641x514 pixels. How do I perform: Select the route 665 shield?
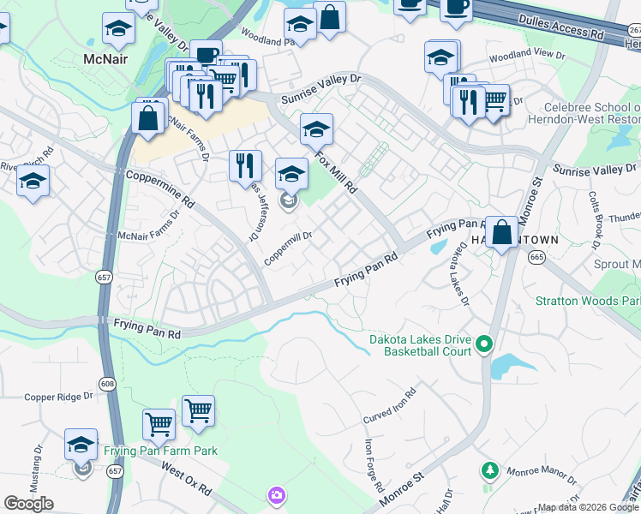click(537, 256)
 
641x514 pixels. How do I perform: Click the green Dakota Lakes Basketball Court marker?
click(484, 345)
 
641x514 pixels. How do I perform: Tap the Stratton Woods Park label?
click(587, 301)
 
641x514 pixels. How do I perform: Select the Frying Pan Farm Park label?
click(160, 451)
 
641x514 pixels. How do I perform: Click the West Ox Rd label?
click(186, 480)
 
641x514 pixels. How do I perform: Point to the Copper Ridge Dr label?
click(57, 397)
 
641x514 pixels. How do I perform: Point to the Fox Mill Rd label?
click(336, 170)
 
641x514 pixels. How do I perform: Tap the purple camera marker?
click(276, 495)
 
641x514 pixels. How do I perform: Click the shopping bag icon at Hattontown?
click(502, 230)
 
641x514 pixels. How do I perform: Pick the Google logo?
click(29, 504)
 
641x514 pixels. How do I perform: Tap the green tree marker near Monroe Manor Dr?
click(489, 470)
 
